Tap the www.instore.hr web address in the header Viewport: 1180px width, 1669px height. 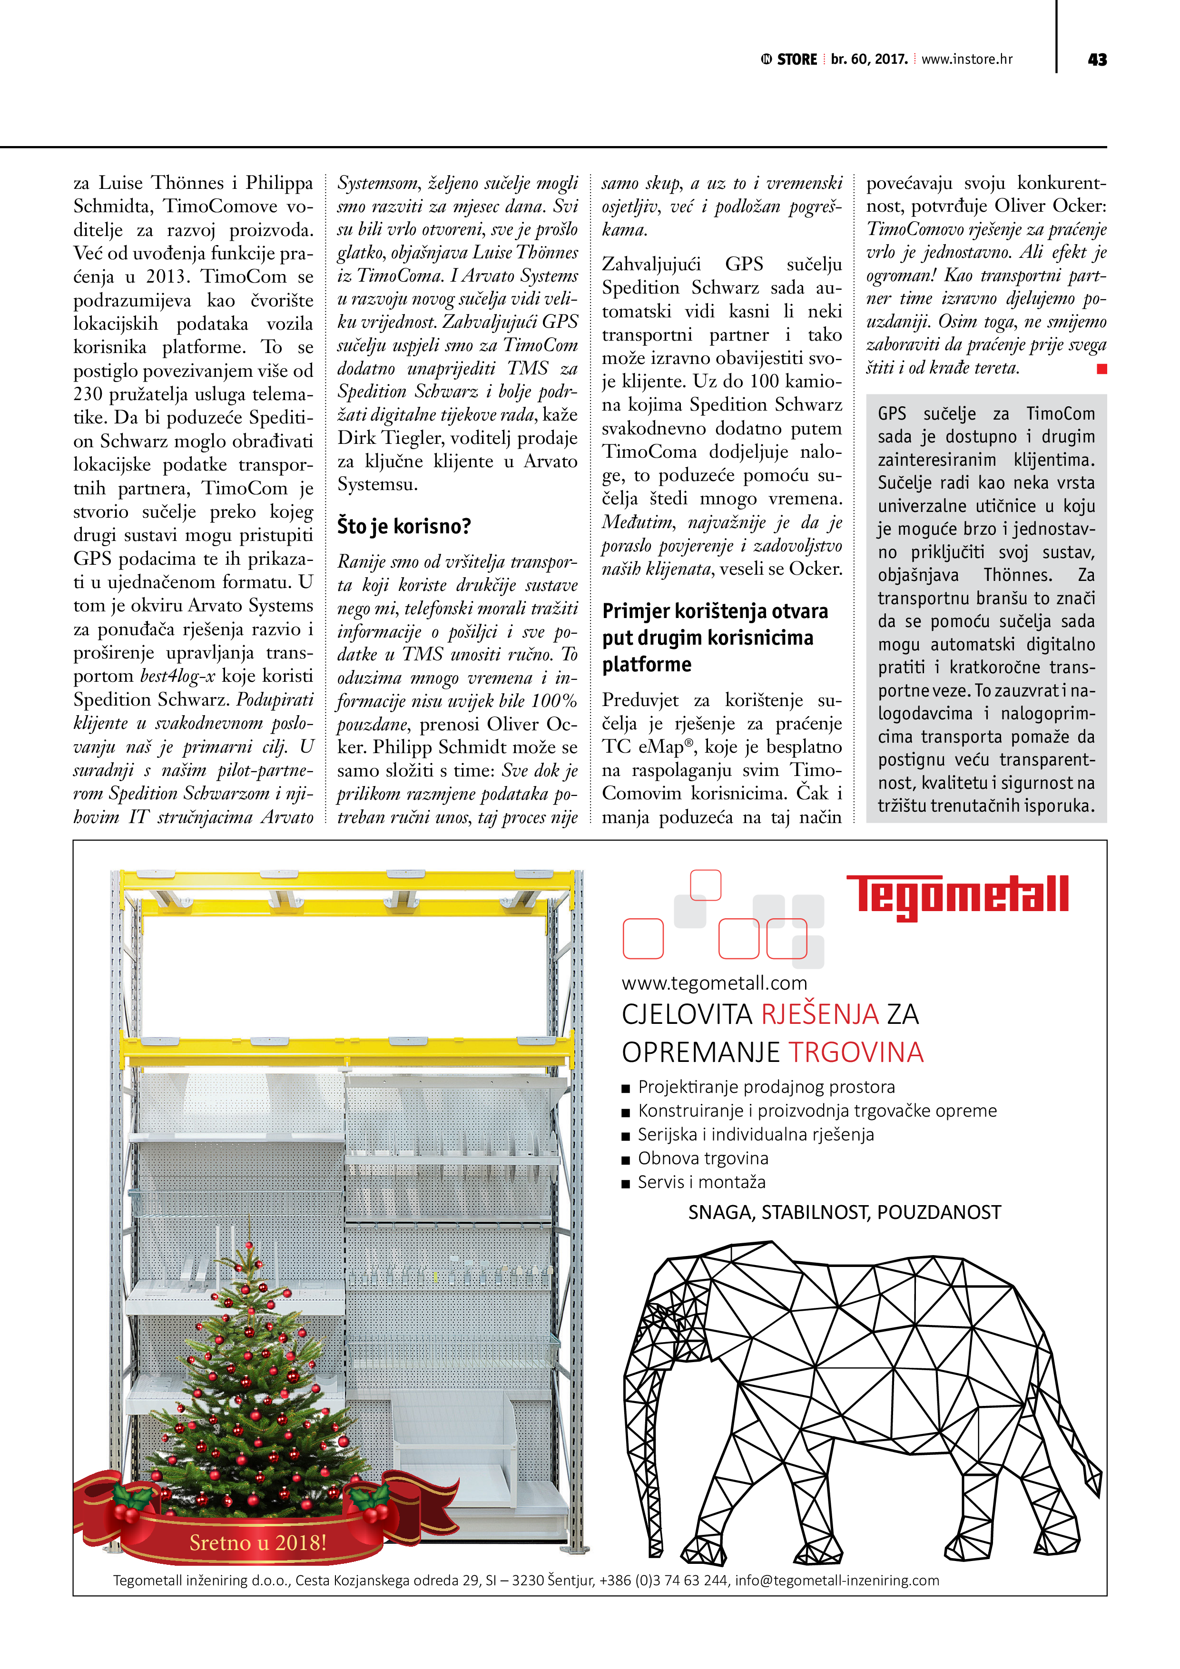(966, 59)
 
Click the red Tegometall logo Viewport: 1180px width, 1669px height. (957, 895)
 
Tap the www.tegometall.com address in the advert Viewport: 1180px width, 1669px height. (714, 983)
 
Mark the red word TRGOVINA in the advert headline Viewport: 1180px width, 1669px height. (855, 1052)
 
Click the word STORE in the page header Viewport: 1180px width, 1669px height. (797, 59)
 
